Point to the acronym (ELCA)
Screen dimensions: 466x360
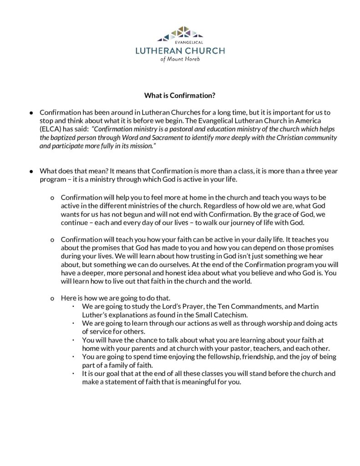click(x=51, y=128)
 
